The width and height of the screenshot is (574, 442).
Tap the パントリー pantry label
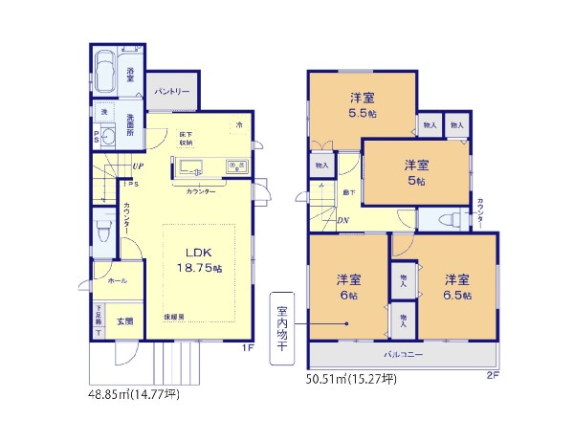(x=172, y=91)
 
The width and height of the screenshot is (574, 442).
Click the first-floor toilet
(x=104, y=233)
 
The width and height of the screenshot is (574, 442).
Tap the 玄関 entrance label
(x=124, y=321)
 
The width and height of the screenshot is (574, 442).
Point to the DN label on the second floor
(x=342, y=221)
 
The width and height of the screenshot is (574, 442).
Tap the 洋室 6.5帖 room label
(x=455, y=288)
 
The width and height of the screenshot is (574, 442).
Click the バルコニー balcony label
(x=404, y=354)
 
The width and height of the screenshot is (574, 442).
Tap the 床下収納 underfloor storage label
(x=185, y=138)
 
